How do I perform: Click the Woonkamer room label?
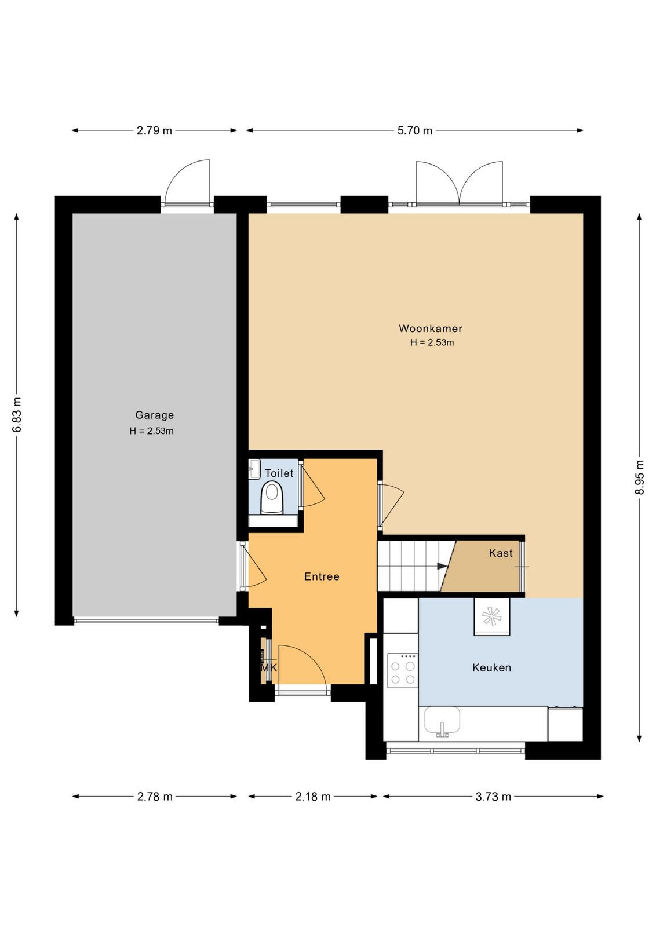431,329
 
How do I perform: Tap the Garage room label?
154,415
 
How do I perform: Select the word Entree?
322,576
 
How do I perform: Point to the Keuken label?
491,667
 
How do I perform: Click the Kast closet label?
501,553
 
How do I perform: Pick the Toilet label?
279,473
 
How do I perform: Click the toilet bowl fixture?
272,498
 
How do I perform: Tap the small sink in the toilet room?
254,469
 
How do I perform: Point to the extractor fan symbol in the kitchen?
491,617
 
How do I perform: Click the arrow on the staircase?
442,566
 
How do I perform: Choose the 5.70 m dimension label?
415,131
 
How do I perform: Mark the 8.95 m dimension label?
640,477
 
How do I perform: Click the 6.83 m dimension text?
17,415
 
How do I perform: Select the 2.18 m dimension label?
313,797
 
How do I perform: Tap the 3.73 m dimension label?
493,797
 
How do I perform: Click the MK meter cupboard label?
269,668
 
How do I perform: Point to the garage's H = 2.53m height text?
151,431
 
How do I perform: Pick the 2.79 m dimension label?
154,131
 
